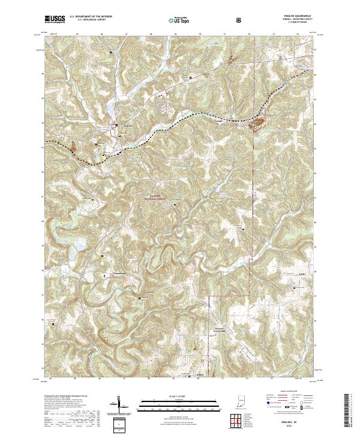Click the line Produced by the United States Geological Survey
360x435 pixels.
(x=65, y=396)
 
